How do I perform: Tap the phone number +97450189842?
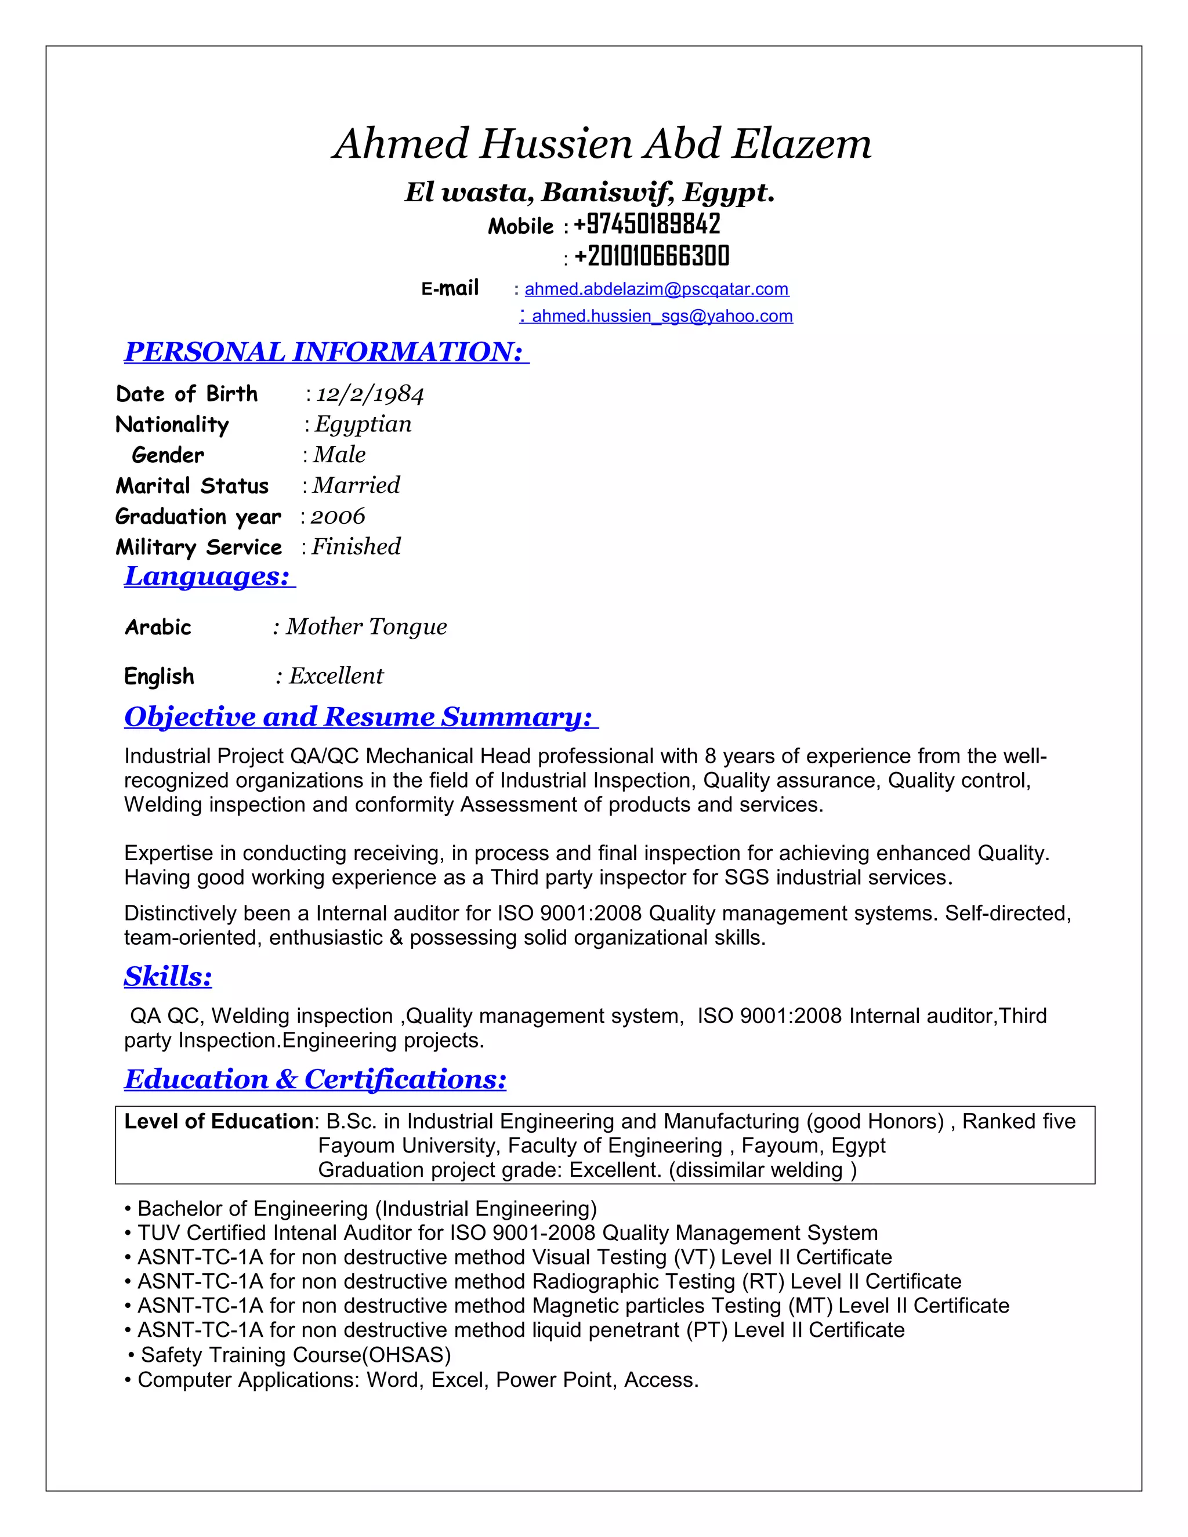click(647, 224)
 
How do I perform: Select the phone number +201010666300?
click(651, 256)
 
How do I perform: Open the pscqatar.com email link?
click(656, 289)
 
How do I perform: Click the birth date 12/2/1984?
click(370, 394)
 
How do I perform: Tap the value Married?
click(356, 485)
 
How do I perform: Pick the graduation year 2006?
click(338, 517)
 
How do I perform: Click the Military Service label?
click(198, 548)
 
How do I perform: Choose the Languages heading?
click(208, 577)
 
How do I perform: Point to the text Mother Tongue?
click(366, 626)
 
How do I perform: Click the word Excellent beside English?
click(336, 676)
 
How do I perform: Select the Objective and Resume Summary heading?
click(360, 716)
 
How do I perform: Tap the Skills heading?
click(168, 976)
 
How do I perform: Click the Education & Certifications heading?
click(316, 1079)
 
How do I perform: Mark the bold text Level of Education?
click(218, 1121)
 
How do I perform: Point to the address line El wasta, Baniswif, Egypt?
click(589, 192)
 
